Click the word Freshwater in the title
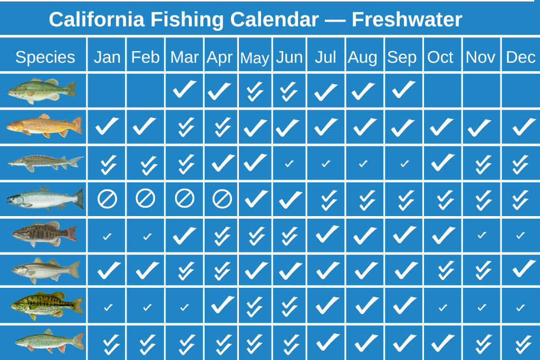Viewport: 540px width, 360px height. click(x=407, y=20)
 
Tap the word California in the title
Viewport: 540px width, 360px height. click(x=97, y=20)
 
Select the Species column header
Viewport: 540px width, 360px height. click(x=45, y=57)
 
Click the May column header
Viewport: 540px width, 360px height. click(x=255, y=58)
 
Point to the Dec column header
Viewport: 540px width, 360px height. click(x=520, y=57)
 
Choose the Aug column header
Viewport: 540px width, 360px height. click(x=362, y=57)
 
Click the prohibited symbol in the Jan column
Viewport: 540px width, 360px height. click(x=107, y=199)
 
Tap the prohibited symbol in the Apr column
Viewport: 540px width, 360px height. click(x=222, y=199)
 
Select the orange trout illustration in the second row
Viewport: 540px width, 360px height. click(x=44, y=125)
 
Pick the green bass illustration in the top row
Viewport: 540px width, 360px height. click(x=42, y=90)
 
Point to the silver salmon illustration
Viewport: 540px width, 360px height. click(x=45, y=198)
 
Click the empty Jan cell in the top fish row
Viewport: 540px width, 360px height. click(x=107, y=91)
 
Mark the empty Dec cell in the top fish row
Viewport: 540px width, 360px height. click(x=520, y=91)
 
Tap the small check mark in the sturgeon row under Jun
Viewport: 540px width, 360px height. click(x=290, y=164)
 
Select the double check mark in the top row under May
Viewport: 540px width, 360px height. click(x=255, y=91)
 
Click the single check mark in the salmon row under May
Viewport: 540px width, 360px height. click(x=256, y=199)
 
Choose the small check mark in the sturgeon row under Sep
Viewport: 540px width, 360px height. click(x=404, y=164)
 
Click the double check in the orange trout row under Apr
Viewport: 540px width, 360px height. click(x=223, y=127)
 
